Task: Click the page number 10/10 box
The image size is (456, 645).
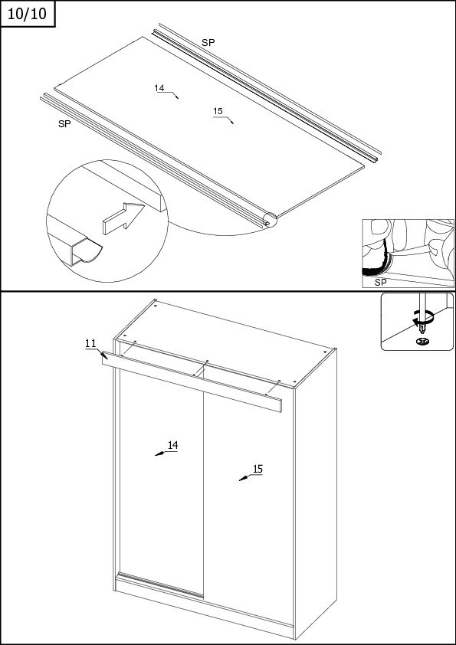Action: click(28, 14)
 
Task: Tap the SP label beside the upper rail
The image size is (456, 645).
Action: click(208, 42)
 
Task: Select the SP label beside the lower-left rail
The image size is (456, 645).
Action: click(64, 124)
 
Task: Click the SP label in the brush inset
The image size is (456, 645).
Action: click(381, 283)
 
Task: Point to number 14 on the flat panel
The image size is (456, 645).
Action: click(159, 88)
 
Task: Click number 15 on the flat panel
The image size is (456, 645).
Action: click(218, 111)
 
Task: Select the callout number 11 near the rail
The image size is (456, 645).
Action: click(90, 343)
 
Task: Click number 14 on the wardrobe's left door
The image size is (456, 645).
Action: click(173, 445)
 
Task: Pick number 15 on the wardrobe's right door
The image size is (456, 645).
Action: click(258, 469)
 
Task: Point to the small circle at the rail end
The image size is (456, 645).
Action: click(271, 220)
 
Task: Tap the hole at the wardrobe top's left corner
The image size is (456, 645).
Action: click(155, 306)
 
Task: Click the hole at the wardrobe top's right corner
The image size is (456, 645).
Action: click(325, 352)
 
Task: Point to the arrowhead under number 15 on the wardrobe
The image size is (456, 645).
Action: click(243, 479)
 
